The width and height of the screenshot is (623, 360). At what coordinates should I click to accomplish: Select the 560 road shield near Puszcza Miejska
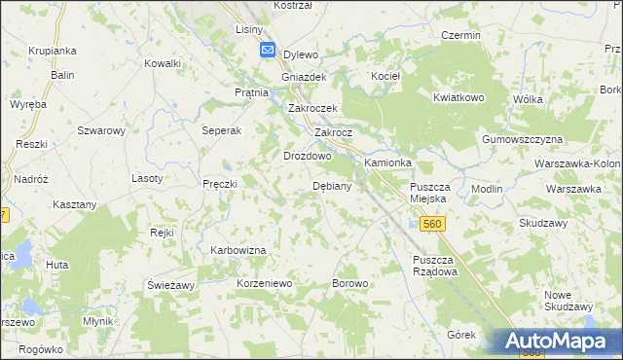(433, 225)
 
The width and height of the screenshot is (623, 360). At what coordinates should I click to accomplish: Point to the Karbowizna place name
(238, 250)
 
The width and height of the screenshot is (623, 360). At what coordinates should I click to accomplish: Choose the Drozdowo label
(308, 156)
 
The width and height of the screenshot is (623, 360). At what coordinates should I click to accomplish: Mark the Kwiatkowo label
(458, 98)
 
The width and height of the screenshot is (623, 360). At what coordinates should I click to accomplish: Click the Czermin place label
(460, 35)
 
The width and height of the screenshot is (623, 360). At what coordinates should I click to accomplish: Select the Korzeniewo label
(265, 283)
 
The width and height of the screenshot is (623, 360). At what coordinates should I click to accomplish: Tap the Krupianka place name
(53, 51)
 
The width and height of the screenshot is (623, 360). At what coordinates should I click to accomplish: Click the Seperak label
(221, 130)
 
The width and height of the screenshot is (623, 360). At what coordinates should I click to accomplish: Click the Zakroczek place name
(311, 109)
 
